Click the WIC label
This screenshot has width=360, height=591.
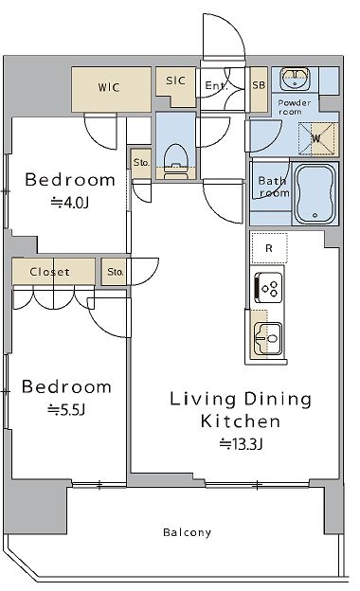[109, 87]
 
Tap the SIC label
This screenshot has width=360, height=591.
[175, 81]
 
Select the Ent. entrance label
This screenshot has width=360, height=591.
[216, 85]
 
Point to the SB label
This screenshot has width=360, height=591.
[259, 85]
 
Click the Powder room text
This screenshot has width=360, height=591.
[294, 107]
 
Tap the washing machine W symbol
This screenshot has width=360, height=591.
[315, 138]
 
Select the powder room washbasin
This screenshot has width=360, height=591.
[296, 78]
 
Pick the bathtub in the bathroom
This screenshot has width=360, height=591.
[315, 194]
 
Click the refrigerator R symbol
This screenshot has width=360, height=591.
[269, 248]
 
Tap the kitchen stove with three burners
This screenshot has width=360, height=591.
[268, 287]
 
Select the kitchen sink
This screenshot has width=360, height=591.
[268, 338]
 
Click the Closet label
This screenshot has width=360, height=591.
[50, 272]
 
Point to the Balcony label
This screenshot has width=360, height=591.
[187, 532]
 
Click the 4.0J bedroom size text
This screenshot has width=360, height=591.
[70, 203]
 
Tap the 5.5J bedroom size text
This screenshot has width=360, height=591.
[66, 409]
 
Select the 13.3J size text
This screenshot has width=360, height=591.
[241, 444]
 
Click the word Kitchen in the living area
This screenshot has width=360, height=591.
[241, 421]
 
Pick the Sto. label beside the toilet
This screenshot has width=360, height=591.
[141, 163]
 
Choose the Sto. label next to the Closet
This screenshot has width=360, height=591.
[116, 272]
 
